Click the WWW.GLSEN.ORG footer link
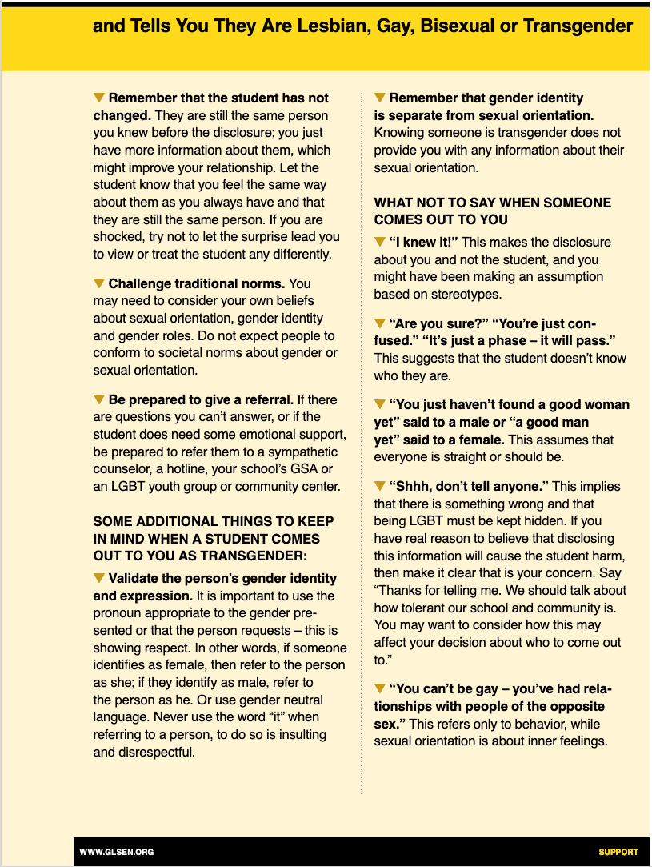click(117, 852)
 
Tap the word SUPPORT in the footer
click(618, 852)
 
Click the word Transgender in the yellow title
click(578, 26)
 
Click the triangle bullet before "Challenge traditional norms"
click(99, 283)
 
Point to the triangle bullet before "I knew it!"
click(380, 242)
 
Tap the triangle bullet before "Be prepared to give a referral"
click(99, 399)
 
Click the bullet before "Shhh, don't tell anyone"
click(380, 486)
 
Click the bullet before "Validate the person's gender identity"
click(99, 578)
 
